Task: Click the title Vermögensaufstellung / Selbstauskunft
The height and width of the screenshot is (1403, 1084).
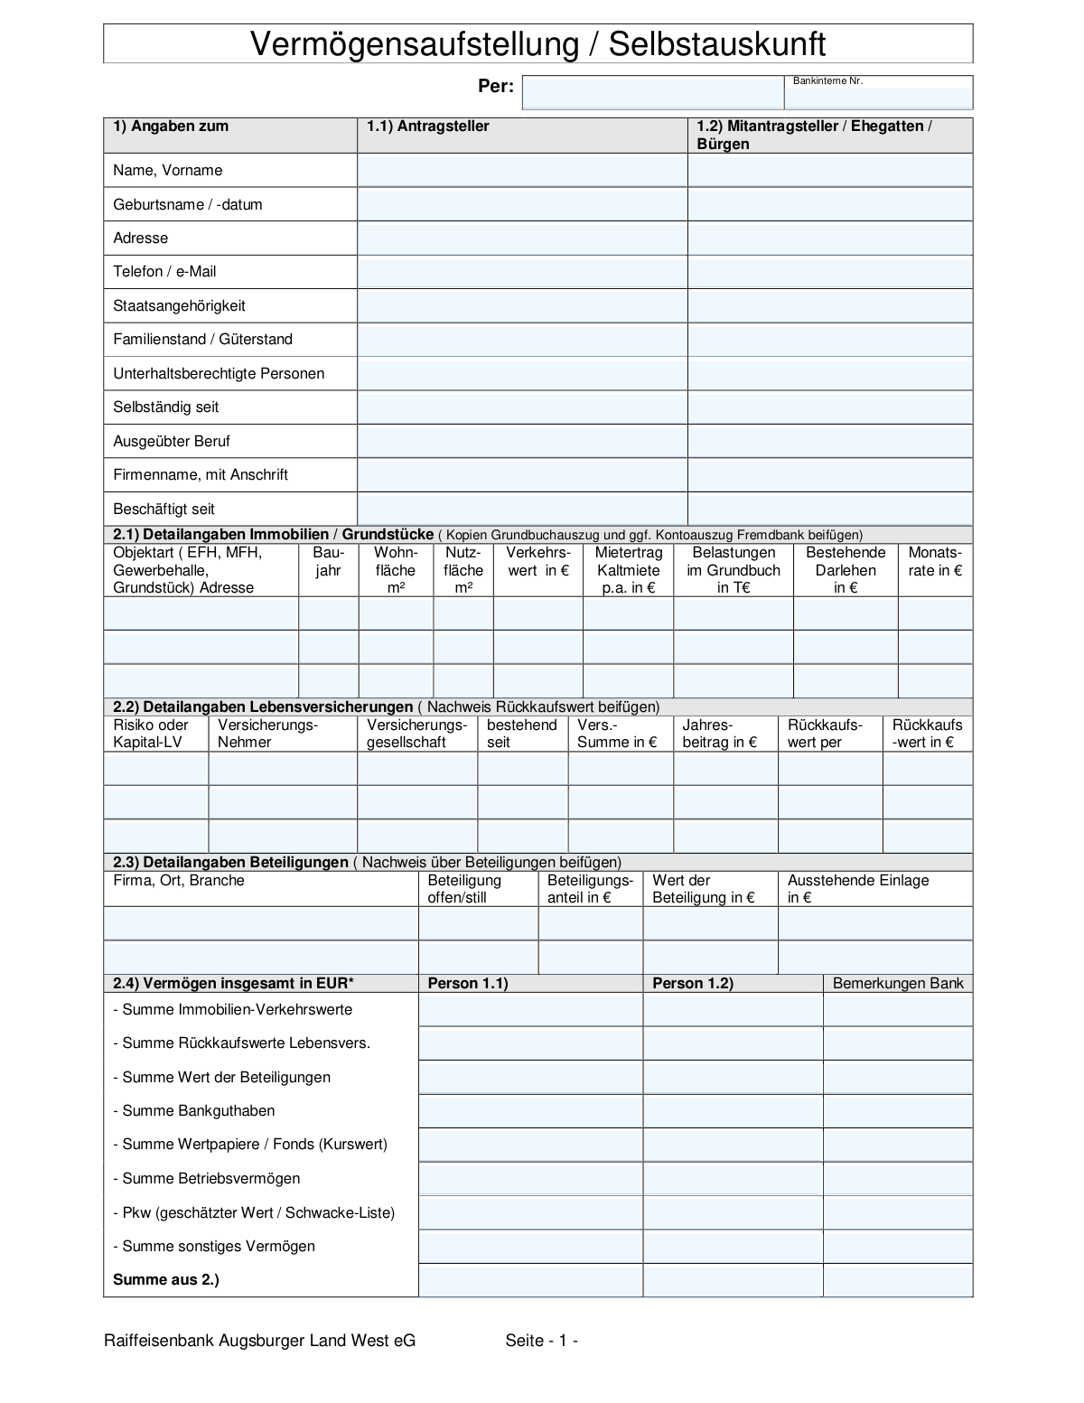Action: point(537,44)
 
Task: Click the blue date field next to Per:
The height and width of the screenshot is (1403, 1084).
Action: point(652,93)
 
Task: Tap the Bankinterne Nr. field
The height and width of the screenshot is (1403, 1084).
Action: point(878,96)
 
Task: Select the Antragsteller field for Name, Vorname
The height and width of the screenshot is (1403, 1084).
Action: point(522,171)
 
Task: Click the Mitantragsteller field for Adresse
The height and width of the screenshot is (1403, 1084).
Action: point(829,239)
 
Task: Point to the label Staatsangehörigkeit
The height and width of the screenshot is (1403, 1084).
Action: point(179,306)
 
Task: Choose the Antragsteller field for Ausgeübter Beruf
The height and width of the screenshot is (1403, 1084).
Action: point(522,442)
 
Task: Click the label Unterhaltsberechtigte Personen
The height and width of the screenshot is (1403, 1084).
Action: point(219,374)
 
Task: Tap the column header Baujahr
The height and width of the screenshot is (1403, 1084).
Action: point(329,562)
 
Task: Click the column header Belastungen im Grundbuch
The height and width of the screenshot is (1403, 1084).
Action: point(734,570)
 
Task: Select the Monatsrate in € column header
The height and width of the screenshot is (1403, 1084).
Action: point(935,562)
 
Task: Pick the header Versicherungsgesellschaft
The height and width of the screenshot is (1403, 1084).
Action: point(416,734)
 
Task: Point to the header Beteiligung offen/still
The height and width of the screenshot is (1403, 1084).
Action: point(464,889)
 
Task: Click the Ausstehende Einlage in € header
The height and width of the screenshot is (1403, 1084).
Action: point(857,889)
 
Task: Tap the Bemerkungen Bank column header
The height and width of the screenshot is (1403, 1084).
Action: point(898,984)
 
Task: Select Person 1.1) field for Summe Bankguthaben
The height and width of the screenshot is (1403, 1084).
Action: point(530,1111)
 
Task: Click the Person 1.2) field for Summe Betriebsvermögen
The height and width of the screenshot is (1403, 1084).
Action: point(733,1179)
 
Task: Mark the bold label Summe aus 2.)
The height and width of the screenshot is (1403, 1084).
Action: point(166,1280)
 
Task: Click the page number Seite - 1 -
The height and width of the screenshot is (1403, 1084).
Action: point(542,1341)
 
